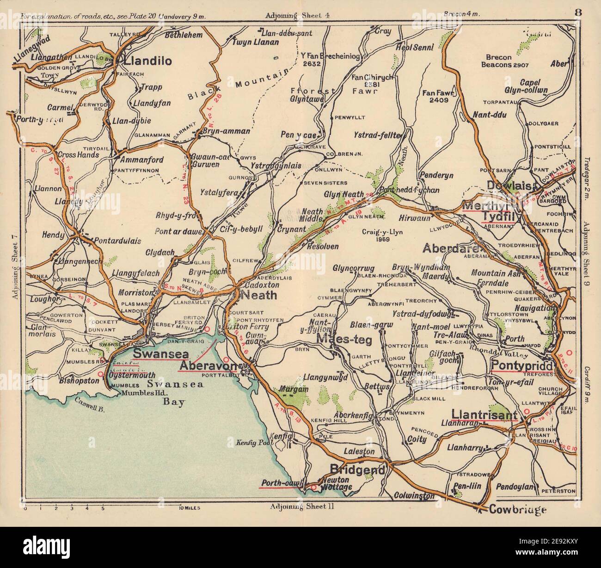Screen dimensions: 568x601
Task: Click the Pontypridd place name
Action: coord(516,364)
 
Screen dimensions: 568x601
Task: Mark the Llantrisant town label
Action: coord(484,415)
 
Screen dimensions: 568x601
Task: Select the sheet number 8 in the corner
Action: coord(578,12)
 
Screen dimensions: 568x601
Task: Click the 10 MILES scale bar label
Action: coord(189,507)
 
